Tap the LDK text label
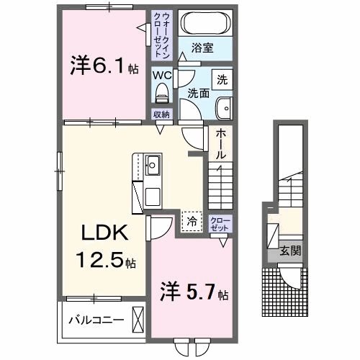click(105, 233)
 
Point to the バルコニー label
click(96, 320)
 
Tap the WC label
click(162, 73)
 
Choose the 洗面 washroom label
click(199, 93)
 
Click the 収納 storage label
click(161, 114)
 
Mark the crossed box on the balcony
click(138, 320)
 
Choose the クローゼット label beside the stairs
click(218, 223)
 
